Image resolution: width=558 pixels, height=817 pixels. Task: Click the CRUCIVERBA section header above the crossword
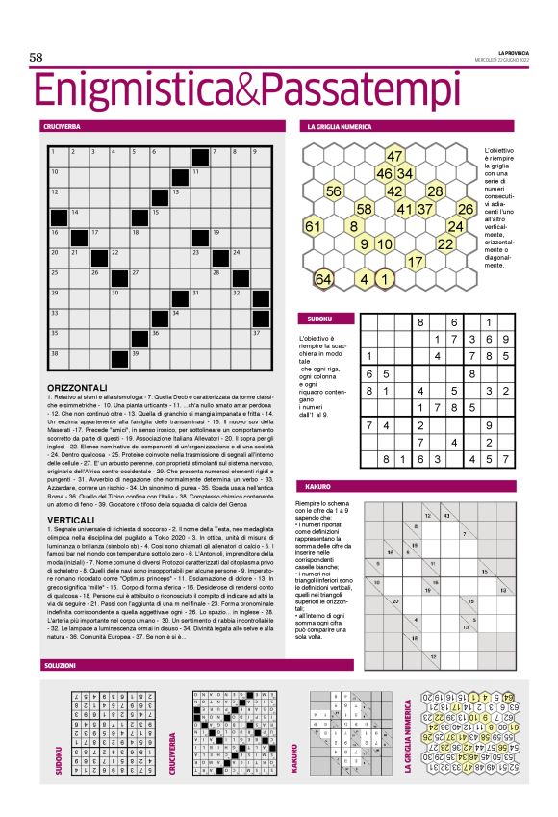point(61,126)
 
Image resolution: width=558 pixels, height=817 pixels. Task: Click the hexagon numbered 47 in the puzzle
point(394,156)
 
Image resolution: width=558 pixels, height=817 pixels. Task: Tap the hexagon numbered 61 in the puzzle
point(314,226)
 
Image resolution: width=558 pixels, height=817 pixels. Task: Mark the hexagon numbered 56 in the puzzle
point(335,191)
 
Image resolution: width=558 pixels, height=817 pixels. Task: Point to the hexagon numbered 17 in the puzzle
point(416,261)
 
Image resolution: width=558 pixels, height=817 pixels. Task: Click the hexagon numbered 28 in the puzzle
point(435,191)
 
